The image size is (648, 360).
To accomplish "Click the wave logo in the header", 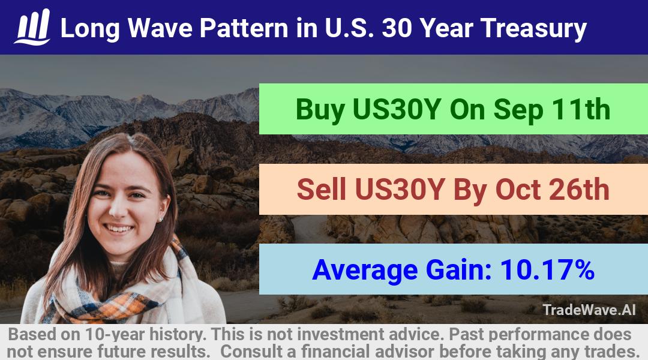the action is [32, 27].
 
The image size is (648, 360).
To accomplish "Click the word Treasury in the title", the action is [533, 29].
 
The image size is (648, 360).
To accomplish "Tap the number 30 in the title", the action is [397, 28].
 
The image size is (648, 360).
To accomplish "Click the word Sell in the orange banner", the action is [321, 189].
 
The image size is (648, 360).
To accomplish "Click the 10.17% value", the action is [547, 269].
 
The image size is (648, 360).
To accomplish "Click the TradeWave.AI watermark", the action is [589, 310].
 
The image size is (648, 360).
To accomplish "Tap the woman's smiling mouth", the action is [119, 229].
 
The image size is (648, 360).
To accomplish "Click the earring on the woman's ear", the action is [161, 220].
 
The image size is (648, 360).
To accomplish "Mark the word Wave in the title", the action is [160, 28].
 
